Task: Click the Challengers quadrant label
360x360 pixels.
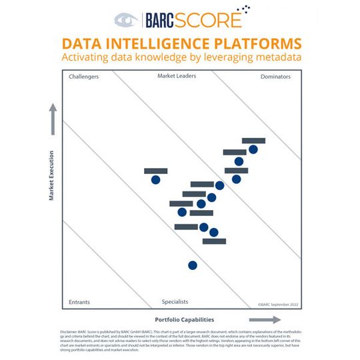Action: pyautogui.click(x=84, y=77)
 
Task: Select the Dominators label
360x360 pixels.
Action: pyautogui.click(x=275, y=77)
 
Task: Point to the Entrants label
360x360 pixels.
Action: pyautogui.click(x=80, y=302)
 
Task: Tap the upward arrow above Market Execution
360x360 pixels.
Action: pyautogui.click(x=51, y=117)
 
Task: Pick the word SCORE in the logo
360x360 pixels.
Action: pyautogui.click(x=213, y=20)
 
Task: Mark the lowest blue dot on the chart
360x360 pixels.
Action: pyautogui.click(x=193, y=265)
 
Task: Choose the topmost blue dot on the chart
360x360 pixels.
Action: pyautogui.click(x=253, y=149)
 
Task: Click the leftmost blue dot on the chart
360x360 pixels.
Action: pyautogui.click(x=156, y=179)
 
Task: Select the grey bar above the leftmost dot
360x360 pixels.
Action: pyautogui.click(x=156, y=171)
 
